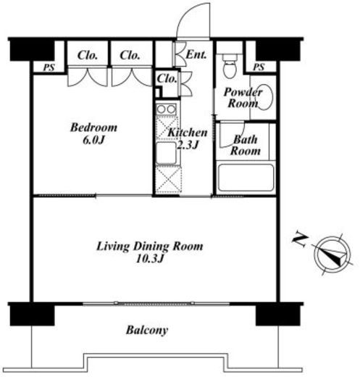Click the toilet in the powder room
click(x=230, y=66)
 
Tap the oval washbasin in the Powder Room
click(x=264, y=97)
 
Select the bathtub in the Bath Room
click(x=246, y=178)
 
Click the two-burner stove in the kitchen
click(x=166, y=109)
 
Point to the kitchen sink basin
click(x=166, y=153)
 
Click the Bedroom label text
click(x=93, y=128)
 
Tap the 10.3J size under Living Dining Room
click(x=150, y=259)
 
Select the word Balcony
click(x=147, y=330)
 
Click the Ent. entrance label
click(x=196, y=54)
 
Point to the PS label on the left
click(x=49, y=67)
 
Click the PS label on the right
click(x=259, y=67)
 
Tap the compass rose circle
click(x=332, y=255)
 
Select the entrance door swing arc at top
click(x=187, y=14)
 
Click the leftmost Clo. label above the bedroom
click(x=88, y=55)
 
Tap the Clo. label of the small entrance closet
click(x=167, y=78)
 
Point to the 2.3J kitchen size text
click(x=188, y=145)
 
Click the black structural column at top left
click(x=32, y=51)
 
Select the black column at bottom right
click(x=277, y=315)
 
